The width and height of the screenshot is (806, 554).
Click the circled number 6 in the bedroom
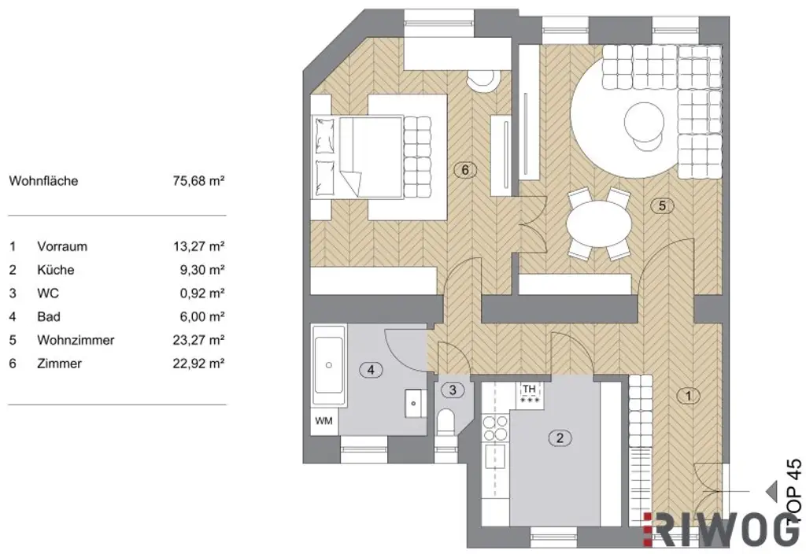tap(466, 169)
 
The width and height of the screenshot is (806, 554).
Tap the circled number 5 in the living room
tap(662, 206)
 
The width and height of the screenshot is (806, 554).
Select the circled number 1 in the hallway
tap(688, 396)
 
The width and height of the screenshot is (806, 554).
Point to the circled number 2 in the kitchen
tap(560, 438)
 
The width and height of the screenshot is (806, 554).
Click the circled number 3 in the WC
tap(452, 390)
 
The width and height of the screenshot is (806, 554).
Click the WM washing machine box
tap(324, 421)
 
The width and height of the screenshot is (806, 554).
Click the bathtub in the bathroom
tap(327, 365)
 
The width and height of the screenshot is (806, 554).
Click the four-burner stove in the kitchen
tap(495, 427)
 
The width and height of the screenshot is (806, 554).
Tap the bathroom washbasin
tap(415, 402)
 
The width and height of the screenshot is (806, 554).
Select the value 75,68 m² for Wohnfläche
tap(199, 181)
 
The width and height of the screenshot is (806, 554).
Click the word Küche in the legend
tap(55, 270)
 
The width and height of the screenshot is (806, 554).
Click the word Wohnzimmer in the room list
tap(76, 341)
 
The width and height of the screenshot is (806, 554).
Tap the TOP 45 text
tap(793, 492)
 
